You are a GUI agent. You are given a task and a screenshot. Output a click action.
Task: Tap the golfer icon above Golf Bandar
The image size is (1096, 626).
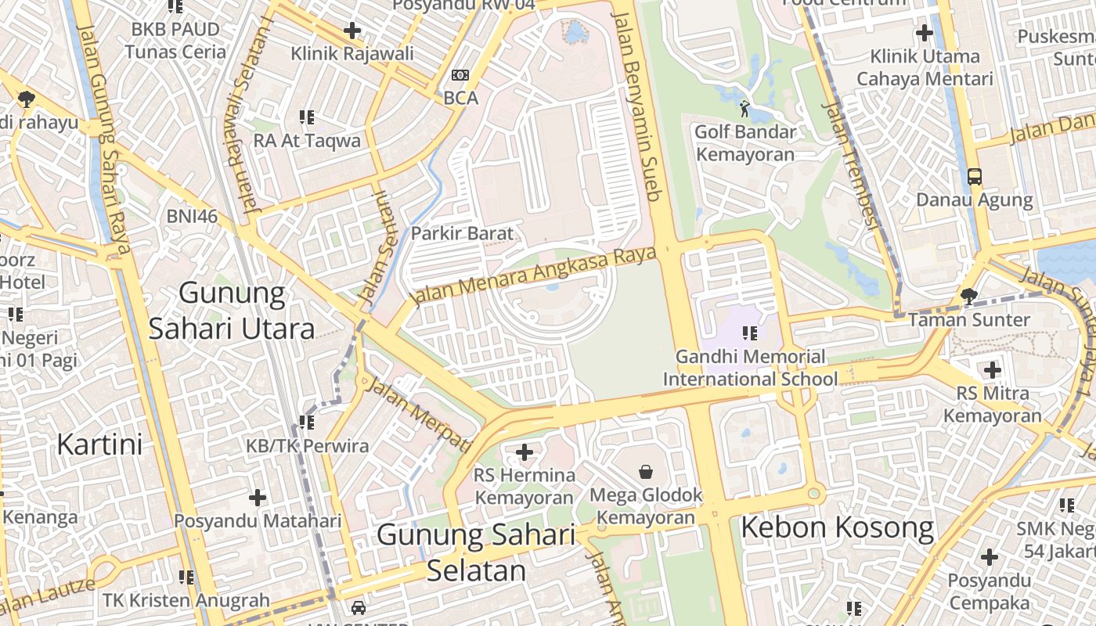(x=744, y=108)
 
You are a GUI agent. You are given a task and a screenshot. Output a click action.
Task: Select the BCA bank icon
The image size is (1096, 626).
(x=460, y=75)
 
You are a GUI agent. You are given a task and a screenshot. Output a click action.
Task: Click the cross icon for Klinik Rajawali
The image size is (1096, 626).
(x=352, y=31)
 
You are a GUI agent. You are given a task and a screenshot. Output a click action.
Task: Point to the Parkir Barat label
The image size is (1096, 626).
(x=462, y=233)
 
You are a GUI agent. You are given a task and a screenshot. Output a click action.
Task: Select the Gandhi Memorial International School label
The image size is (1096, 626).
(x=750, y=368)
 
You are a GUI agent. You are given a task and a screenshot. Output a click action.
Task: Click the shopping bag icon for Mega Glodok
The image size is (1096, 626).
(x=646, y=471)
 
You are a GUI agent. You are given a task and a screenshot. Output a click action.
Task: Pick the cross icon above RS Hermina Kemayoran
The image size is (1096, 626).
(x=525, y=452)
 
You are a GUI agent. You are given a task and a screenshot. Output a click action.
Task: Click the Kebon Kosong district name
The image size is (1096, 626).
(x=837, y=528)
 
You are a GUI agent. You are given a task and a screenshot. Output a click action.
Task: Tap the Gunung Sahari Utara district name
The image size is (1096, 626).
(x=232, y=311)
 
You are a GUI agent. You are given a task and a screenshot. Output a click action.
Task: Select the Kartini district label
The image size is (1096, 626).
(x=99, y=444)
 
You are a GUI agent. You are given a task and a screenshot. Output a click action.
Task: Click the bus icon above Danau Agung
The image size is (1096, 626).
(x=974, y=176)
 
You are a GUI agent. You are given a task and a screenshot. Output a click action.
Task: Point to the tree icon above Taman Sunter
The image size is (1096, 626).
(x=968, y=296)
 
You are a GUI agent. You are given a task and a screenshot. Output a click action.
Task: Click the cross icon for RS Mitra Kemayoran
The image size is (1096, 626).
(x=993, y=369)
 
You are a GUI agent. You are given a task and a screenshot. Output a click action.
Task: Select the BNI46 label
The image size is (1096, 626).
(x=192, y=217)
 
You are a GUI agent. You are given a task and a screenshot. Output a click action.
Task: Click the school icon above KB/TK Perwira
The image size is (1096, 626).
(x=307, y=423)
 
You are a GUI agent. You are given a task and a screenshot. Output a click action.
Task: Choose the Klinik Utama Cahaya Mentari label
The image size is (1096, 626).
(x=925, y=67)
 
